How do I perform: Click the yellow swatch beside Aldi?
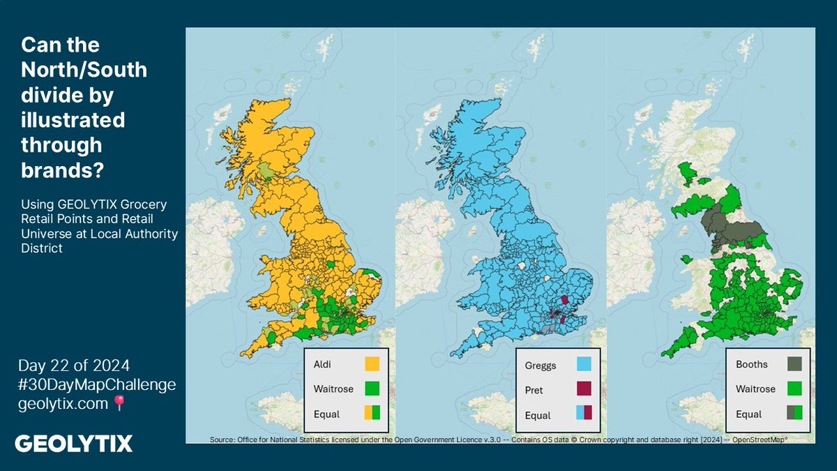[372, 364]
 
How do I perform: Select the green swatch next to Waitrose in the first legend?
[372, 389]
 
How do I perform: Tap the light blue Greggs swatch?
[584, 364]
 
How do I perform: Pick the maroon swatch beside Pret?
[584, 389]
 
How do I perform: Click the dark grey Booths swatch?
[794, 364]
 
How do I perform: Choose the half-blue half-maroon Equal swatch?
[584, 414]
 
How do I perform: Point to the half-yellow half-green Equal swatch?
[372, 413]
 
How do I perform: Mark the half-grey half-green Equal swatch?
[794, 413]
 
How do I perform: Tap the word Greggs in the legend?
[540, 365]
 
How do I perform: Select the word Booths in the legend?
[752, 364]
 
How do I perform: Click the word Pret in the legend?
[534, 390]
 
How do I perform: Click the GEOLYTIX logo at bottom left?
[73, 444]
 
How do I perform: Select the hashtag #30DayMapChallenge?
[98, 384]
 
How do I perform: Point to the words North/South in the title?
[84, 70]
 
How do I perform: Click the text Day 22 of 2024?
[74, 366]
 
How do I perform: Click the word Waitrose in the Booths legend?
[755, 389]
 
